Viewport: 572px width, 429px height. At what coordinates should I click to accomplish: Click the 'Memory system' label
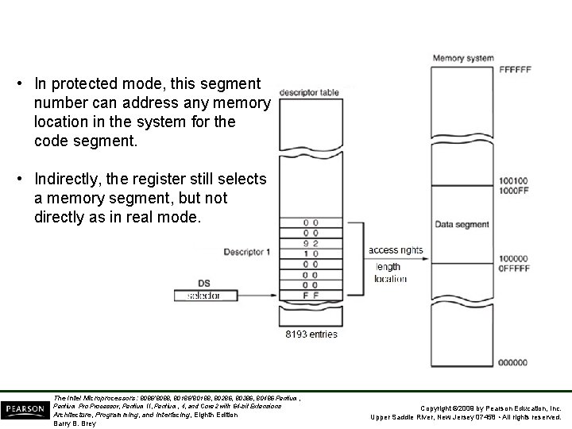click(462, 58)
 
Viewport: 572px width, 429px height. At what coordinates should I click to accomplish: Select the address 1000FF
click(512, 191)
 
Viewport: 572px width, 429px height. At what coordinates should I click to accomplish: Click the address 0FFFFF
click(512, 268)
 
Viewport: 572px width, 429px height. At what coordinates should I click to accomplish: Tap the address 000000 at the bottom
click(512, 362)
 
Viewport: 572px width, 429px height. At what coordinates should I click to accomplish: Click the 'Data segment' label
click(462, 225)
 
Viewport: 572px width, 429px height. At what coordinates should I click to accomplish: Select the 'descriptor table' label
click(309, 92)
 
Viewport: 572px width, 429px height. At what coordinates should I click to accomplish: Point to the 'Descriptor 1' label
click(247, 252)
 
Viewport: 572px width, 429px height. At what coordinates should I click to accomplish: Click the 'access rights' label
click(396, 250)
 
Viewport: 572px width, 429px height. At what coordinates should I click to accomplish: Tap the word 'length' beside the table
click(388, 267)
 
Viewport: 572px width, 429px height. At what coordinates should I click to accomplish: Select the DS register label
click(205, 282)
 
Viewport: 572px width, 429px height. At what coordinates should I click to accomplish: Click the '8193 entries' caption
click(311, 334)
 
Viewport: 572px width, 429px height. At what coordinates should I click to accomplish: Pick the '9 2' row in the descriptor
click(311, 243)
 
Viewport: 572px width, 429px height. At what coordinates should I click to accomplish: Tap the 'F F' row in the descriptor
click(311, 295)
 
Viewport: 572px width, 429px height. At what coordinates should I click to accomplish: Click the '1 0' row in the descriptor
click(311, 253)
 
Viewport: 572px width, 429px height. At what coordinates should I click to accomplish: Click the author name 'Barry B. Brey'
click(74, 423)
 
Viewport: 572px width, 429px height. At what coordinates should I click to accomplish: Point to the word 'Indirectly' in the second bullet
click(63, 180)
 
